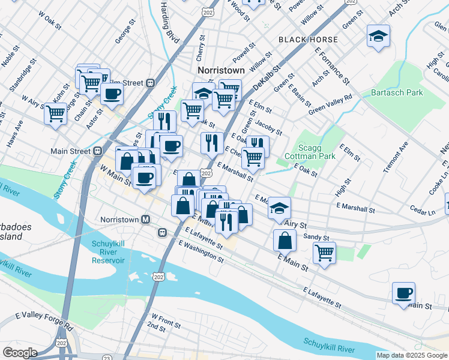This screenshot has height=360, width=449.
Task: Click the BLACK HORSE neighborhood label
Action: tap(308, 40)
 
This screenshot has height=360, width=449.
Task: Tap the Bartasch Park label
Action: tap(397, 92)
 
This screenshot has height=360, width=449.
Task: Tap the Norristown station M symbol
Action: tap(145, 220)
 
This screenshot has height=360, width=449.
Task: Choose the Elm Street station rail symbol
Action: tap(151, 83)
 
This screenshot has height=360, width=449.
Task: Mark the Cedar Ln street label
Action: tap(423, 212)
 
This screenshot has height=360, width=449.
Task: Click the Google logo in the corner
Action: tap(20, 352)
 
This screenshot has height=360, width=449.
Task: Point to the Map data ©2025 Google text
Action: tap(412, 355)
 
